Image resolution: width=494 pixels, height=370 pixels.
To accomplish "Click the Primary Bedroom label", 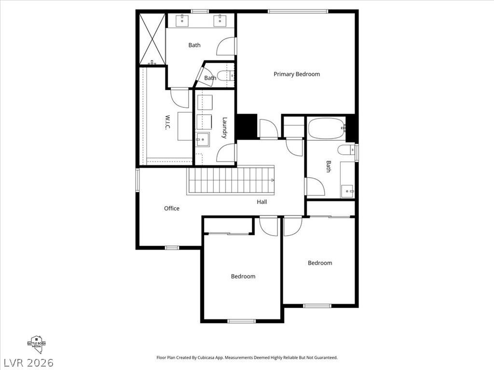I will coord(297,74).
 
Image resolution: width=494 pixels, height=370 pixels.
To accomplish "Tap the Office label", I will coord(172,209).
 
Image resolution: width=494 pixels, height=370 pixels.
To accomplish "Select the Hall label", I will coord(262,202).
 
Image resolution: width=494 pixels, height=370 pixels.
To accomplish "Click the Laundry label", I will coord(225,128).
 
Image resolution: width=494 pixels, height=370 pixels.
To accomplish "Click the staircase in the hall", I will coord(231,181).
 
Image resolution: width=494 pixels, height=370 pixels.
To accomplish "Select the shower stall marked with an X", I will coord(151,39).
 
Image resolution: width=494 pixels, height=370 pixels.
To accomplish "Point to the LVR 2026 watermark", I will coord(28,362).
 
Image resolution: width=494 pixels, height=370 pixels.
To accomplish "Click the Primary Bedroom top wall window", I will coord(298,11).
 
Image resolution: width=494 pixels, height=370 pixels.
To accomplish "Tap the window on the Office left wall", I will coord(137,179).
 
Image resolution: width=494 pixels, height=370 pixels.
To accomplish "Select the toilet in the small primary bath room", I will coord(225,76).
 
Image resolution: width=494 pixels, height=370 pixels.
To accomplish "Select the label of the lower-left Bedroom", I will coord(243,277).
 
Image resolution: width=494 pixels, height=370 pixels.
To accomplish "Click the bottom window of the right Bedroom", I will coord(317,305).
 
